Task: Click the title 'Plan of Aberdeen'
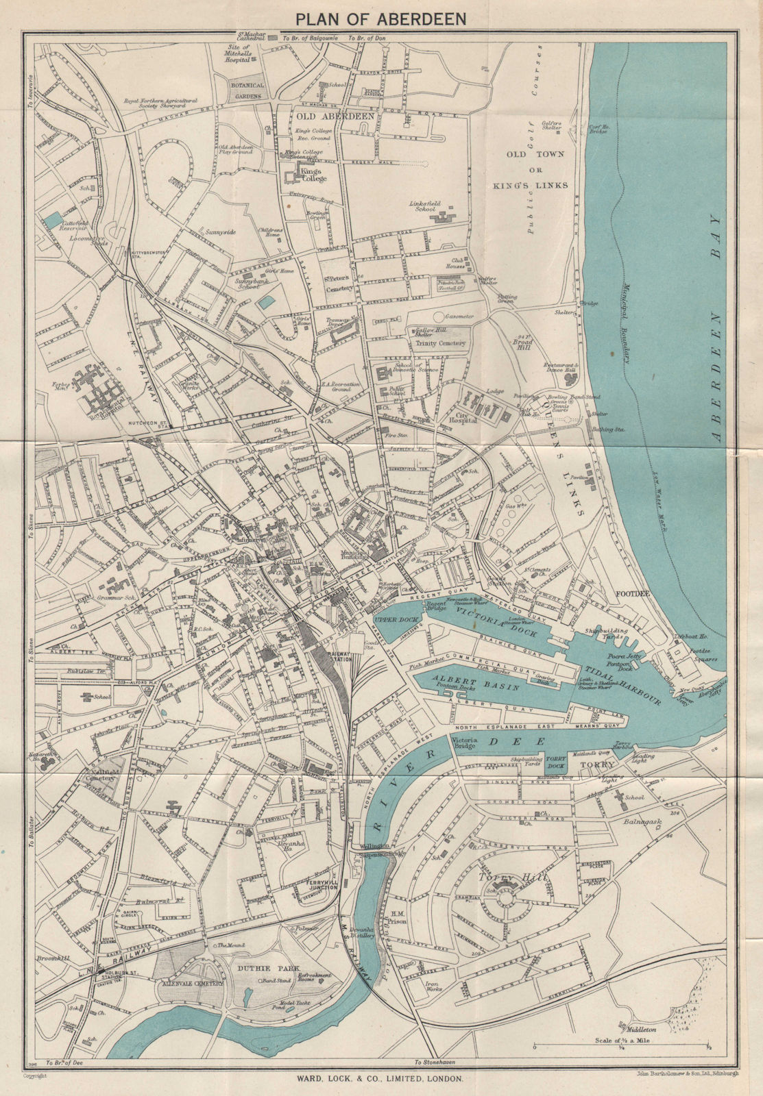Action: [x=381, y=18]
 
